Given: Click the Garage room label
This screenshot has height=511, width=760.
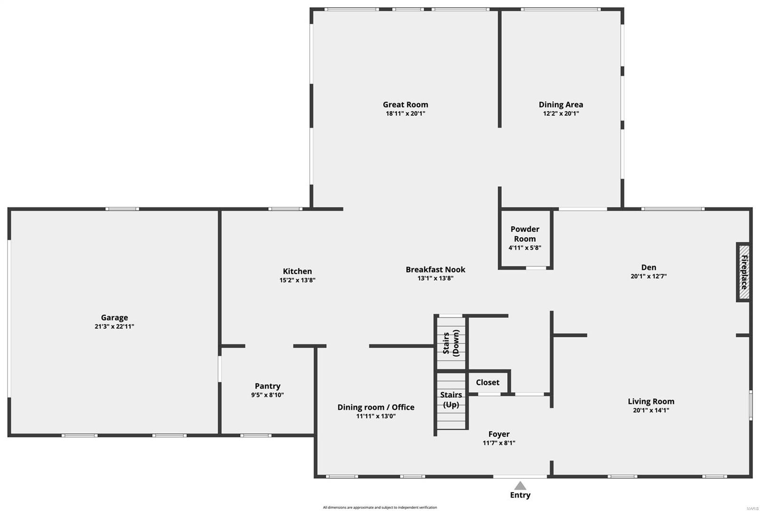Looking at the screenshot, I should pyautogui.click(x=114, y=317).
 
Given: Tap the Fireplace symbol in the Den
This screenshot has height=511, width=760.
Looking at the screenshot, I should pyautogui.click(x=744, y=272).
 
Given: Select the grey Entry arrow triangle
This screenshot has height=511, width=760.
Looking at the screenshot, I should pyautogui.click(x=520, y=485).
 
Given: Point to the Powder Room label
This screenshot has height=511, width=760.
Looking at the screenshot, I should pyautogui.click(x=524, y=234).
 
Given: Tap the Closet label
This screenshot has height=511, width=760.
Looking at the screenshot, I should pyautogui.click(x=487, y=382).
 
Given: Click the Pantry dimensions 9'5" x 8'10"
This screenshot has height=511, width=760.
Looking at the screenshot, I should pyautogui.click(x=267, y=395).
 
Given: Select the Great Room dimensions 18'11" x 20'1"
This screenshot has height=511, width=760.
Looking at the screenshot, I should pyautogui.click(x=405, y=114).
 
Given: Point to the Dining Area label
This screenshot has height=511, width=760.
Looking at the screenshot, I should pyautogui.click(x=560, y=104).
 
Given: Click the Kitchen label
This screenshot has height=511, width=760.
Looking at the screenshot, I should pyautogui.click(x=297, y=271).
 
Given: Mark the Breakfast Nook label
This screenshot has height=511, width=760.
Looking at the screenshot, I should pyautogui.click(x=435, y=269).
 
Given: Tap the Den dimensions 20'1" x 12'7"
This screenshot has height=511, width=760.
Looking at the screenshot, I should pyautogui.click(x=648, y=276).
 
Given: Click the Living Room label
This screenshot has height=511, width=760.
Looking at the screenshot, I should pyautogui.click(x=651, y=401).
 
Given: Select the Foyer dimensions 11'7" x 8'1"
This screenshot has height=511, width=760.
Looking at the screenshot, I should pyautogui.click(x=499, y=443).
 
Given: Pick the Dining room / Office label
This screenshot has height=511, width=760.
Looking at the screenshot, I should pyautogui.click(x=376, y=407).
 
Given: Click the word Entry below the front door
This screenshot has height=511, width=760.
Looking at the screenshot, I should pyautogui.click(x=520, y=495).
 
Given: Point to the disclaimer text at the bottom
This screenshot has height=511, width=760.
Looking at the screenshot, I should pyautogui.click(x=380, y=507).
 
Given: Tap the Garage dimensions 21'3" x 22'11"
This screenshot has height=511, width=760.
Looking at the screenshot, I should pyautogui.click(x=114, y=326).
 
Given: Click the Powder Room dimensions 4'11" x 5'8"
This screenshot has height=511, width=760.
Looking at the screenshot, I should pyautogui.click(x=524, y=247).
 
